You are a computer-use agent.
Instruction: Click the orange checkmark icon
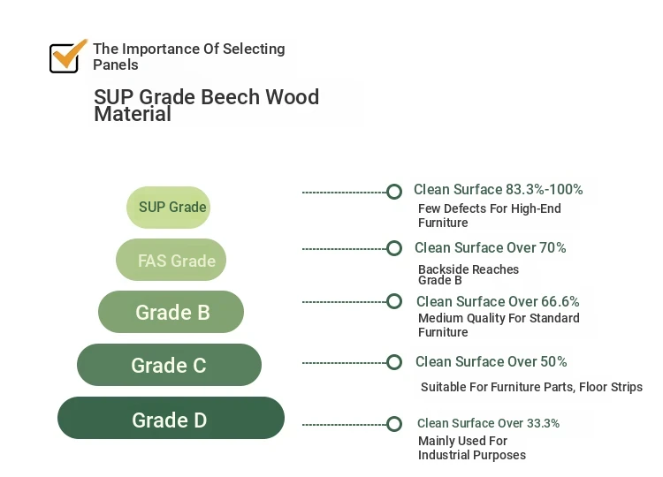pos(68,57)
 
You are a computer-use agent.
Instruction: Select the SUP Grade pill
pos(168,208)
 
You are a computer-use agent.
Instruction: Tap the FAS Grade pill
pos(171,260)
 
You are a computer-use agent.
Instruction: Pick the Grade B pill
pos(171,312)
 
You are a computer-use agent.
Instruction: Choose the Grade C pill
pos(169,365)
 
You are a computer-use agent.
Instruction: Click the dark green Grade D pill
pos(171,418)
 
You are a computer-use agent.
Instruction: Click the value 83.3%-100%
pos(545,190)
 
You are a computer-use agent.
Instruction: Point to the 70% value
pos(552,247)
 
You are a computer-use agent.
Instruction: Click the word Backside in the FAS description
pos(442,269)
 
